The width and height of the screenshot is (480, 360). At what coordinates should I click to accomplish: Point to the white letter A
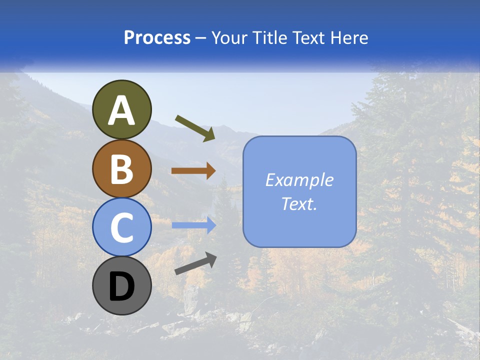click(x=121, y=111)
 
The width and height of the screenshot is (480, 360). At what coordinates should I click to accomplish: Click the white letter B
click(x=121, y=169)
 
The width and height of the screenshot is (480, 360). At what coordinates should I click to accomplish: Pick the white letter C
click(x=121, y=227)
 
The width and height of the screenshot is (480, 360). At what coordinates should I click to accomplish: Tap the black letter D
click(x=121, y=287)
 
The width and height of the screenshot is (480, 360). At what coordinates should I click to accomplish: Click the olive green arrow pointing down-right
click(x=195, y=128)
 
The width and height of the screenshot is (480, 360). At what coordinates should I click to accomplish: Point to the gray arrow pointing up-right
click(x=195, y=264)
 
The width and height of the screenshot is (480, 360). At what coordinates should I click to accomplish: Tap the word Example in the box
click(x=299, y=180)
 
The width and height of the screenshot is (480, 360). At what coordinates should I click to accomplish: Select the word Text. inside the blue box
click(x=299, y=203)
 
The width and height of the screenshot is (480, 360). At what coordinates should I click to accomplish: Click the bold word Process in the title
click(x=157, y=37)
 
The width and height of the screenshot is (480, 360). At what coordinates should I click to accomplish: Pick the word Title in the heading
click(x=268, y=37)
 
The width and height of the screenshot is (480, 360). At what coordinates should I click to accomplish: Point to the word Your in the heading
click(x=229, y=37)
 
